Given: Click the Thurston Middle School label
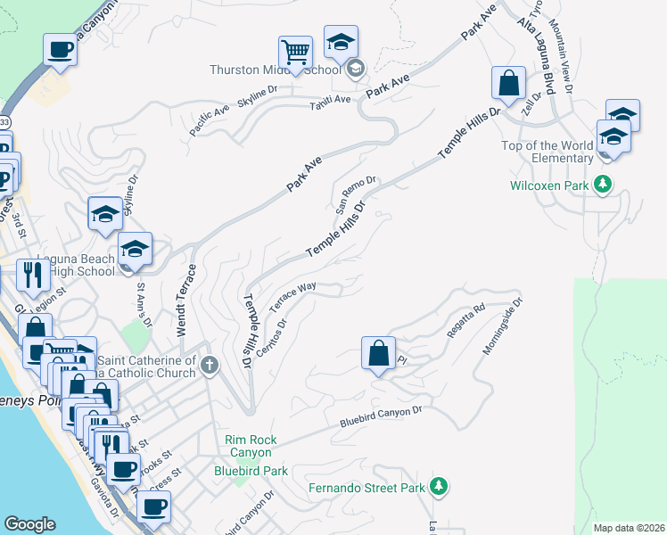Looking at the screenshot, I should [x=275, y=70].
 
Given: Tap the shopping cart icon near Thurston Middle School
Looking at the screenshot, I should [x=294, y=51].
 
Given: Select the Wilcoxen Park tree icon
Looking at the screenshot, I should [x=604, y=185].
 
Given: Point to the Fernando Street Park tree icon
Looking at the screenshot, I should [x=438, y=486].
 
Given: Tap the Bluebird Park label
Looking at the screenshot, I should [x=251, y=470].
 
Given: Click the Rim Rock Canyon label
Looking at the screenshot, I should [x=251, y=446].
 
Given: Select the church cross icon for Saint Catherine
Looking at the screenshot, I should [x=210, y=365].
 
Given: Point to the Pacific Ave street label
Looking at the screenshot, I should [x=209, y=120].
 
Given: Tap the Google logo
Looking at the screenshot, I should [x=29, y=524].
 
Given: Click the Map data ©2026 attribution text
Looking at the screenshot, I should [x=629, y=528].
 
